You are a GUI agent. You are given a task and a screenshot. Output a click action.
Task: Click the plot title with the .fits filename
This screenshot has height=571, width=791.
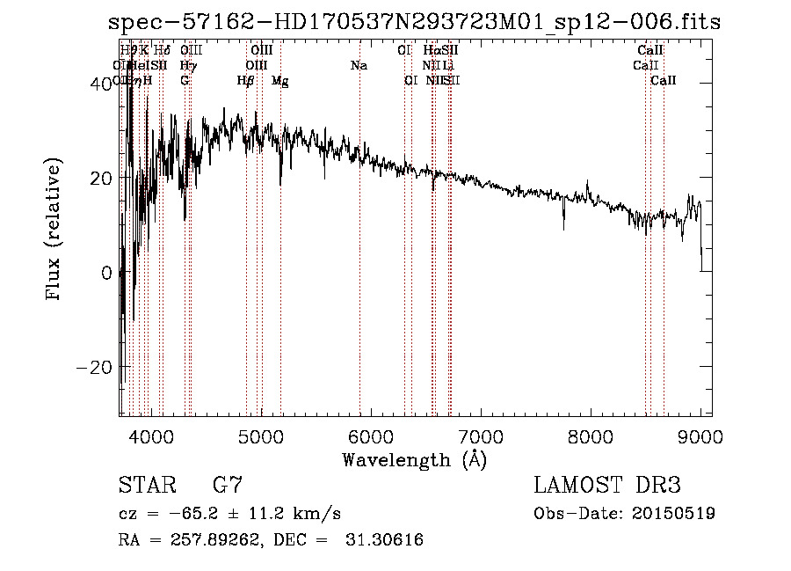tap(410, 21)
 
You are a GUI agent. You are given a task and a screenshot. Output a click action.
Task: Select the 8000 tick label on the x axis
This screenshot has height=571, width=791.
tap(591, 436)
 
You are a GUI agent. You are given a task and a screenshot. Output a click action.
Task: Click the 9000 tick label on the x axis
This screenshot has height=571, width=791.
tap(700, 436)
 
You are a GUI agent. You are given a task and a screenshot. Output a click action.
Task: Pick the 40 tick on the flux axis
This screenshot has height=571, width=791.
tap(100, 83)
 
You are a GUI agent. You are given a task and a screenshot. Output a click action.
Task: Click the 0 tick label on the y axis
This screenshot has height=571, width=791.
tap(105, 273)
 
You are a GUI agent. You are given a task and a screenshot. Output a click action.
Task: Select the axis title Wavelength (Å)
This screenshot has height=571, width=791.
tap(414, 459)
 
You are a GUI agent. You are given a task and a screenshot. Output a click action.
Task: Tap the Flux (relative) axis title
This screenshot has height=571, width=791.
tap(55, 231)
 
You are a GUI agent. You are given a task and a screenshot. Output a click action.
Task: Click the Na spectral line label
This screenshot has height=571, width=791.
tap(359, 65)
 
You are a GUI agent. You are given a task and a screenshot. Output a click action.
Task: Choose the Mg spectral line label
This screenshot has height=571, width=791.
tap(280, 80)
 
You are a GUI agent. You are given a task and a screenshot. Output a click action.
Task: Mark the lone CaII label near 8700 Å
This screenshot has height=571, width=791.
tap(664, 80)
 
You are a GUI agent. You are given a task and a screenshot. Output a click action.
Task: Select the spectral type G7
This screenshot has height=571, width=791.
tap(227, 486)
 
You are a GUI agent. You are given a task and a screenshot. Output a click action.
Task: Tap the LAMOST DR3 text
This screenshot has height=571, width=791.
tap(607, 486)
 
